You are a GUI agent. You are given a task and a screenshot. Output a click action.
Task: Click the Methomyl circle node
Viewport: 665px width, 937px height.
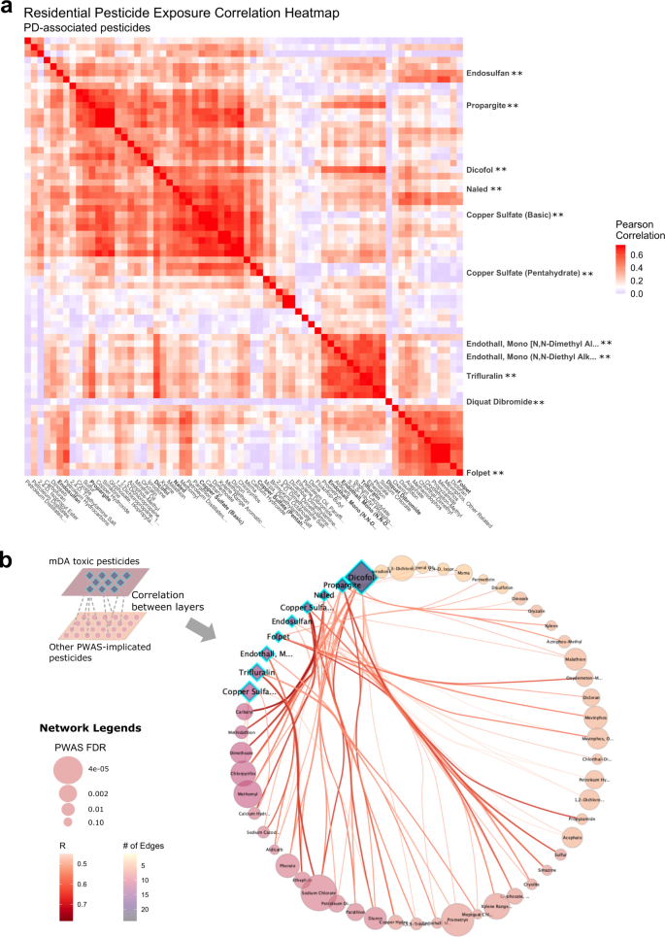247,794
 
